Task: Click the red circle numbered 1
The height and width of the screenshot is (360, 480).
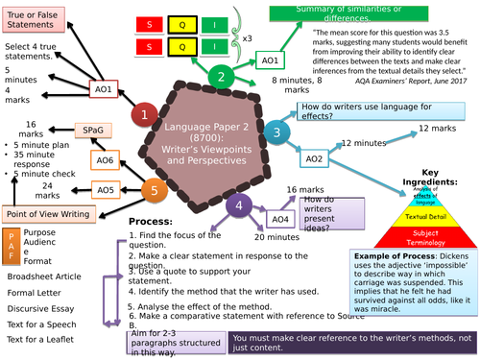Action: (x=144, y=115)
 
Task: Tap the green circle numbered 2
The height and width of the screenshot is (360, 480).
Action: (x=220, y=78)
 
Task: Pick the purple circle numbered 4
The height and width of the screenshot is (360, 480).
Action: (x=238, y=204)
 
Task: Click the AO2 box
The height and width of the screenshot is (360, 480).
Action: (x=314, y=158)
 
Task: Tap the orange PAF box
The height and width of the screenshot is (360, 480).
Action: (x=10, y=249)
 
